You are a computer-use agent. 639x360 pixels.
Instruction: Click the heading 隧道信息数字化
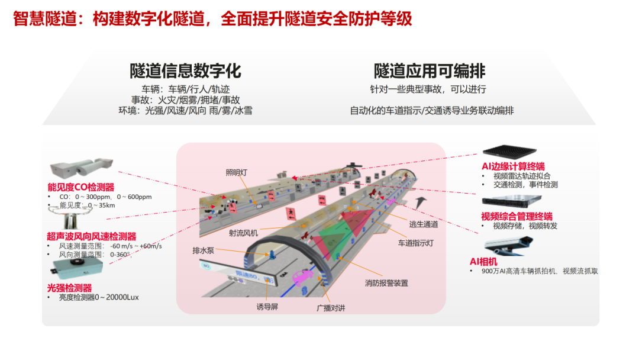pos(185,72)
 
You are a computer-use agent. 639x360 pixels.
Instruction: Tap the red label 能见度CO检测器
pos(81,188)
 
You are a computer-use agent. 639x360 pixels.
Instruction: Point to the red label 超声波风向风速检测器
pos(92,236)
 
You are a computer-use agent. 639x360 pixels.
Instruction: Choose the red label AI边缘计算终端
pos(513,166)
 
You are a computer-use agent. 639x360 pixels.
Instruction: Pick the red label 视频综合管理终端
pos(517,216)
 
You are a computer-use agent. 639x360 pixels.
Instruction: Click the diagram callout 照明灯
pos(237,173)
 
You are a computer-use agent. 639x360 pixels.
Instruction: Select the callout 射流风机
pos(243,233)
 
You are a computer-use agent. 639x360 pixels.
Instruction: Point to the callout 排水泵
pos(203,250)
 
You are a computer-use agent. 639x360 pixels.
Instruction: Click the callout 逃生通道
pos(424,224)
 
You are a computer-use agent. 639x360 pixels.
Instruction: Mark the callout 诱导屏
pos(267,307)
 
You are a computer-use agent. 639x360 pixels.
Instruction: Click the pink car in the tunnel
pos(303,277)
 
